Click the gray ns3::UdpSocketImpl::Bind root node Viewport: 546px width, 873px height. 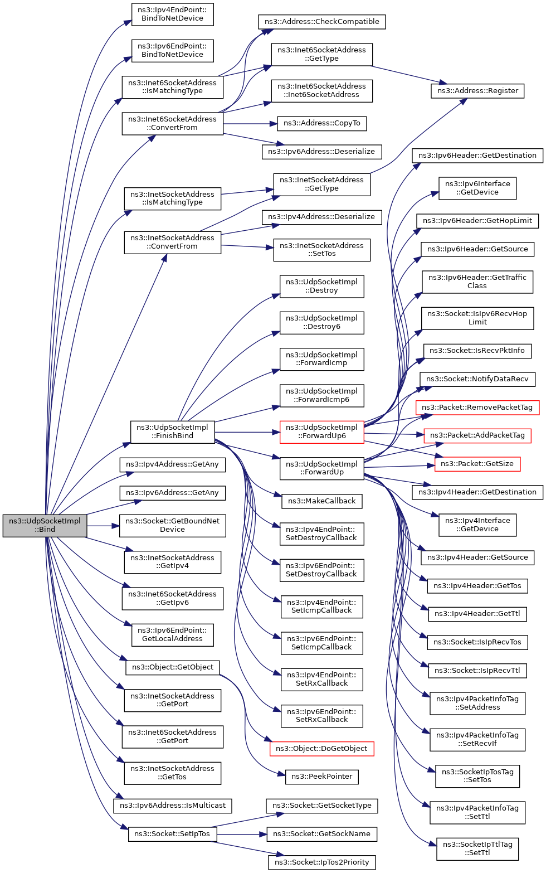(x=45, y=525)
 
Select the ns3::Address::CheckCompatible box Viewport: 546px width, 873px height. (x=321, y=21)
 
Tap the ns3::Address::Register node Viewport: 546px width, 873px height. (x=477, y=91)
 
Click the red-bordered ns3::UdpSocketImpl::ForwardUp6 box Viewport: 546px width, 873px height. (x=321, y=432)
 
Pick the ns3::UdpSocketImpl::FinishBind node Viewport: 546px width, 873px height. (x=173, y=432)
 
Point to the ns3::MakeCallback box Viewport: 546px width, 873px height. (x=321, y=501)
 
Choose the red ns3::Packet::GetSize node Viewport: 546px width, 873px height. (x=477, y=464)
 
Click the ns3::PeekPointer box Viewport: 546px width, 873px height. (x=321, y=777)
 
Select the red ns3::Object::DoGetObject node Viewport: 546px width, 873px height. (x=321, y=749)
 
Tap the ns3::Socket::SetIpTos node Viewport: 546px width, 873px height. (x=173, y=834)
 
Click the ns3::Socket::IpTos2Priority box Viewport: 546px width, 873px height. (x=321, y=862)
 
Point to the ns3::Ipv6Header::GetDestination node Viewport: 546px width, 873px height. (x=477, y=156)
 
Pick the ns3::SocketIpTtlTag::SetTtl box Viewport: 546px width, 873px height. (x=477, y=849)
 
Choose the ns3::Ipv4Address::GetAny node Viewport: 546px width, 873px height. (x=173, y=464)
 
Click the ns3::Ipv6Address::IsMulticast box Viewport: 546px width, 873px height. (x=173, y=806)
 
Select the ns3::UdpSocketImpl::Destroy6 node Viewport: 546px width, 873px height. (x=321, y=323)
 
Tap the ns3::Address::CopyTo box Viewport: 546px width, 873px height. (x=321, y=123)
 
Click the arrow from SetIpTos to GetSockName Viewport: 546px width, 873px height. (x=241, y=834)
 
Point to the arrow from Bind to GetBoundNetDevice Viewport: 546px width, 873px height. (x=103, y=526)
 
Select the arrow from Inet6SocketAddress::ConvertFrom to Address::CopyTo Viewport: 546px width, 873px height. (x=250, y=124)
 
